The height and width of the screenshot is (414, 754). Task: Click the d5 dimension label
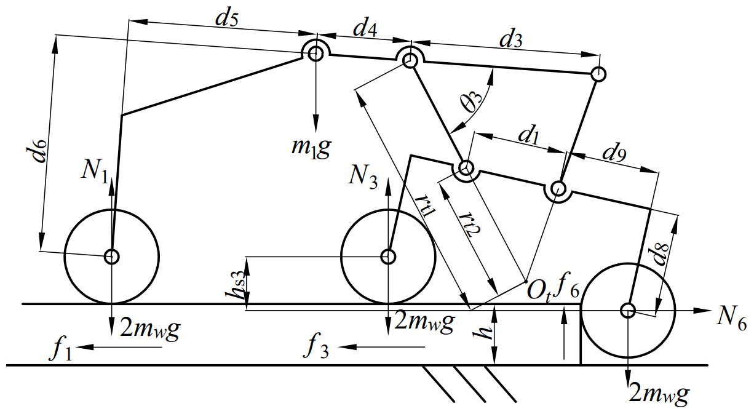[228, 18]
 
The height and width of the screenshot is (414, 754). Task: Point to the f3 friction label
[316, 348]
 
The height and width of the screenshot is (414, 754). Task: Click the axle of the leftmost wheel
[111, 256]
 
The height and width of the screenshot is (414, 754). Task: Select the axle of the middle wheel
[388, 256]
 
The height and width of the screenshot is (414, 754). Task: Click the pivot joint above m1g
[316, 54]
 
